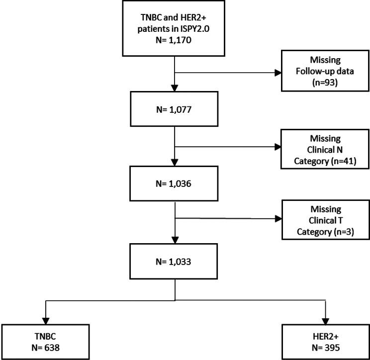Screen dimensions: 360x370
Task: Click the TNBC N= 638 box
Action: [x=46, y=341]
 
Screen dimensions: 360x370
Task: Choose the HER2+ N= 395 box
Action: [x=325, y=341]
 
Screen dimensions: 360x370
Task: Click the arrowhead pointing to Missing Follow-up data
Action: [x=277, y=73]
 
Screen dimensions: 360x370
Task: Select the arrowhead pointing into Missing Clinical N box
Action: [x=277, y=147]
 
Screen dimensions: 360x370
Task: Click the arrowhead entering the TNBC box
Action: [x=46, y=319]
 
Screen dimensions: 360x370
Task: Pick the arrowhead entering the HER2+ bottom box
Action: [x=325, y=319]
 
